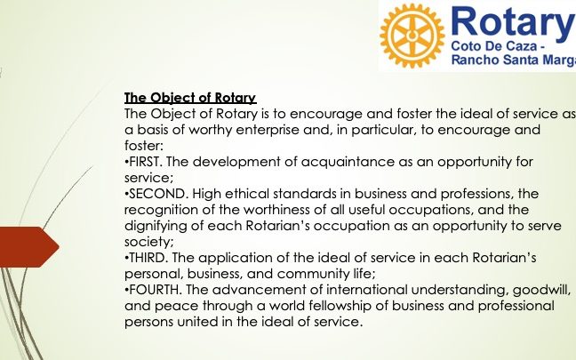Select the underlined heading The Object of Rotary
point(190,98)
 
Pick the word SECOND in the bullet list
point(156,194)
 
